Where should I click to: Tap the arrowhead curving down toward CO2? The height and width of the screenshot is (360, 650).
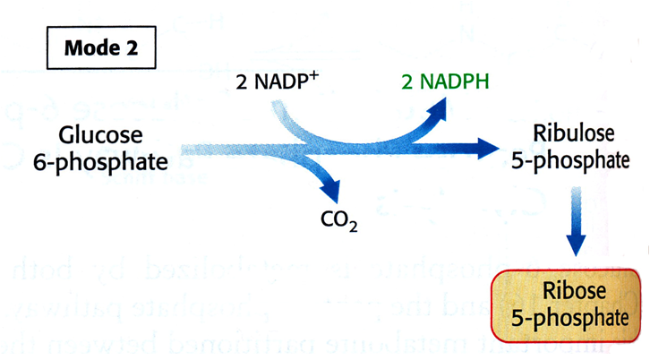(332, 192)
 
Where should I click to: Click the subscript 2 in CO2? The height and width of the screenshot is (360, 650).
(355, 228)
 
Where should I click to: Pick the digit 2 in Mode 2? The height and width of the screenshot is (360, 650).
(132, 48)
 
